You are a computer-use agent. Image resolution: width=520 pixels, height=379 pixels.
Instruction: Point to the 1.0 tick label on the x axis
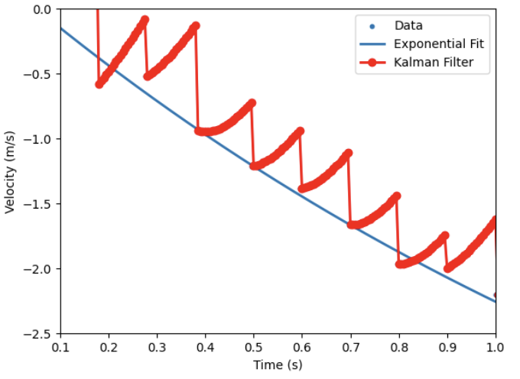(x=496, y=348)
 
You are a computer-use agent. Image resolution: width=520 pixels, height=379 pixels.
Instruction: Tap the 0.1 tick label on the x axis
(x=60, y=348)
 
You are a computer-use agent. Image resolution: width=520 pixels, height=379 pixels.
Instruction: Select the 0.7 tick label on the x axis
(x=350, y=348)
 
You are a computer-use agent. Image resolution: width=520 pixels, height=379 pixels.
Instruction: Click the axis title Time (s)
(x=278, y=365)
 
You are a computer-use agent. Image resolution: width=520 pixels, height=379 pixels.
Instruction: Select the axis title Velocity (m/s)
(x=11, y=171)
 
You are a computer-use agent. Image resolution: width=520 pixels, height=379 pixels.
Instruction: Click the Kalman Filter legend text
(x=440, y=63)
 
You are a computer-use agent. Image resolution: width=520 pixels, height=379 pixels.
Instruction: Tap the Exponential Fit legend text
(x=439, y=44)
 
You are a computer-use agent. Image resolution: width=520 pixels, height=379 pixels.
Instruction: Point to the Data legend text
(x=408, y=25)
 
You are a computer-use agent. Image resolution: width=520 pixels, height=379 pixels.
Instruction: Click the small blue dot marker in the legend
(x=372, y=25)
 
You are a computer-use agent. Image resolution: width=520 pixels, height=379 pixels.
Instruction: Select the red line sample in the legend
(x=372, y=63)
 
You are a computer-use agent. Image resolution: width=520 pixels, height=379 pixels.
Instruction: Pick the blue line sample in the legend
(x=372, y=44)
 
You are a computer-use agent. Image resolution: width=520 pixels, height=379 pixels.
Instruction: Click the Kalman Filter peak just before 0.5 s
(x=252, y=102)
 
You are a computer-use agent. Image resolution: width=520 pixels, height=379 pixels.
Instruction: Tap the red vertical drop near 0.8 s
(x=398, y=229)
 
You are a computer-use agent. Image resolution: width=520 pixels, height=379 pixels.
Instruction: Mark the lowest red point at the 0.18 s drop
(x=99, y=84)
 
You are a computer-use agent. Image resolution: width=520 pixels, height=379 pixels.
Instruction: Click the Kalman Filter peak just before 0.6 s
(x=300, y=131)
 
